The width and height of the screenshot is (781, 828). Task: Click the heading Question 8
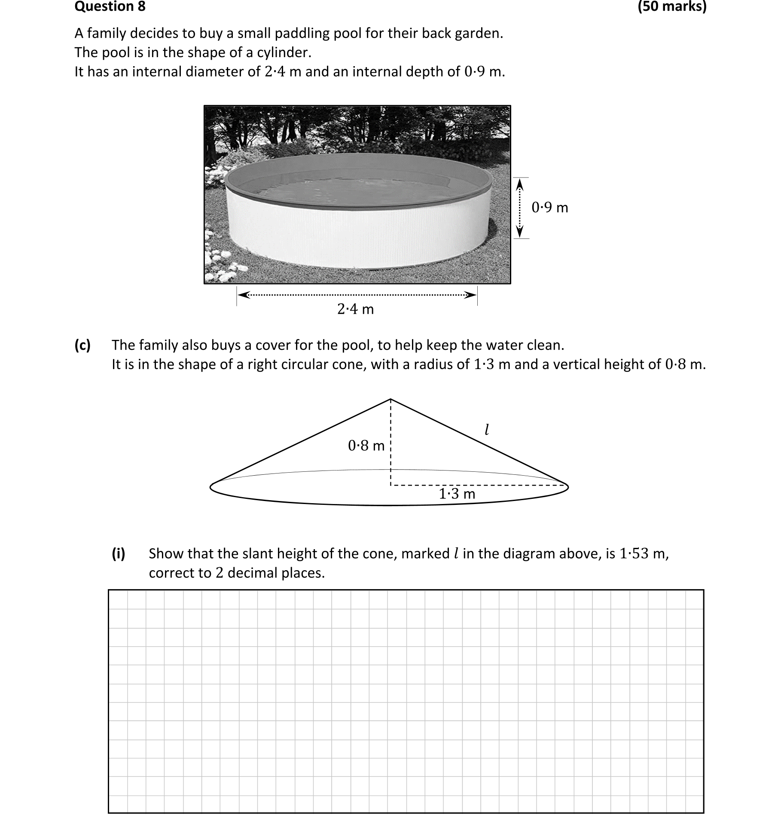(x=110, y=6)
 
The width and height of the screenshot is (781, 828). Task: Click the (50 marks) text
(x=672, y=6)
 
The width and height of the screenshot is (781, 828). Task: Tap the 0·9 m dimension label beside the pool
(x=549, y=208)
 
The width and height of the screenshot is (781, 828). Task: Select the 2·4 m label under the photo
(x=355, y=309)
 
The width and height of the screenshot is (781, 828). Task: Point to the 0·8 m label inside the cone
(x=366, y=446)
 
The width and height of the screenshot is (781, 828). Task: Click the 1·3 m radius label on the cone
(x=457, y=494)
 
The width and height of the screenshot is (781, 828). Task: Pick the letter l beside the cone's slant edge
(x=487, y=430)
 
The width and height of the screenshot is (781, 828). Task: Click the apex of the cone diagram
(x=390, y=399)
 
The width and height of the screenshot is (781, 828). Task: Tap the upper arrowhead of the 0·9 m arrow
(x=520, y=183)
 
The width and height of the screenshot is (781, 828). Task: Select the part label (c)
(x=82, y=345)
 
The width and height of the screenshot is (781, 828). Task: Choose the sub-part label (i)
(x=119, y=554)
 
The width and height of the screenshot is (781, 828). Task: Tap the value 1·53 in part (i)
(x=634, y=554)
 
